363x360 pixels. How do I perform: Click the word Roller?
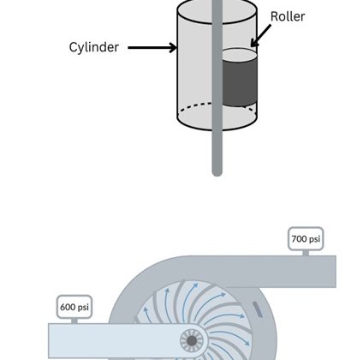point(288,16)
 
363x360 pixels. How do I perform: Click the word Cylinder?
point(94,47)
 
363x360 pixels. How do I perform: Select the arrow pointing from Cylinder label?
point(152,47)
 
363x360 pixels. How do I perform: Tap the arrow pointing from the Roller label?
point(260,36)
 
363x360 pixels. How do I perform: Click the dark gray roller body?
point(240,82)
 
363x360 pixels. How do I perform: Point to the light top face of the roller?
point(240,54)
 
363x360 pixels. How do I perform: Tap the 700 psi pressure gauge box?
point(306,238)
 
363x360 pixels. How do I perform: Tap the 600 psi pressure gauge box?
point(74,307)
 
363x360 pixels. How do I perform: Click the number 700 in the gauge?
point(299,238)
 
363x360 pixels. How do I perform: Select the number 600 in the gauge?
point(68,307)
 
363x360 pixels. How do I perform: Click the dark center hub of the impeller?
point(192,341)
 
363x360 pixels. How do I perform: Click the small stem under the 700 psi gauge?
point(306,253)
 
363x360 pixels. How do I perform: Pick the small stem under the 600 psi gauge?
point(74,321)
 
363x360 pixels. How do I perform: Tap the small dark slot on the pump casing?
point(258,309)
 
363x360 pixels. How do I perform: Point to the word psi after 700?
point(314,239)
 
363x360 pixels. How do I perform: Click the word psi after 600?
point(83,308)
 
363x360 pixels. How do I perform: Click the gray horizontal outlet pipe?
point(257,272)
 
